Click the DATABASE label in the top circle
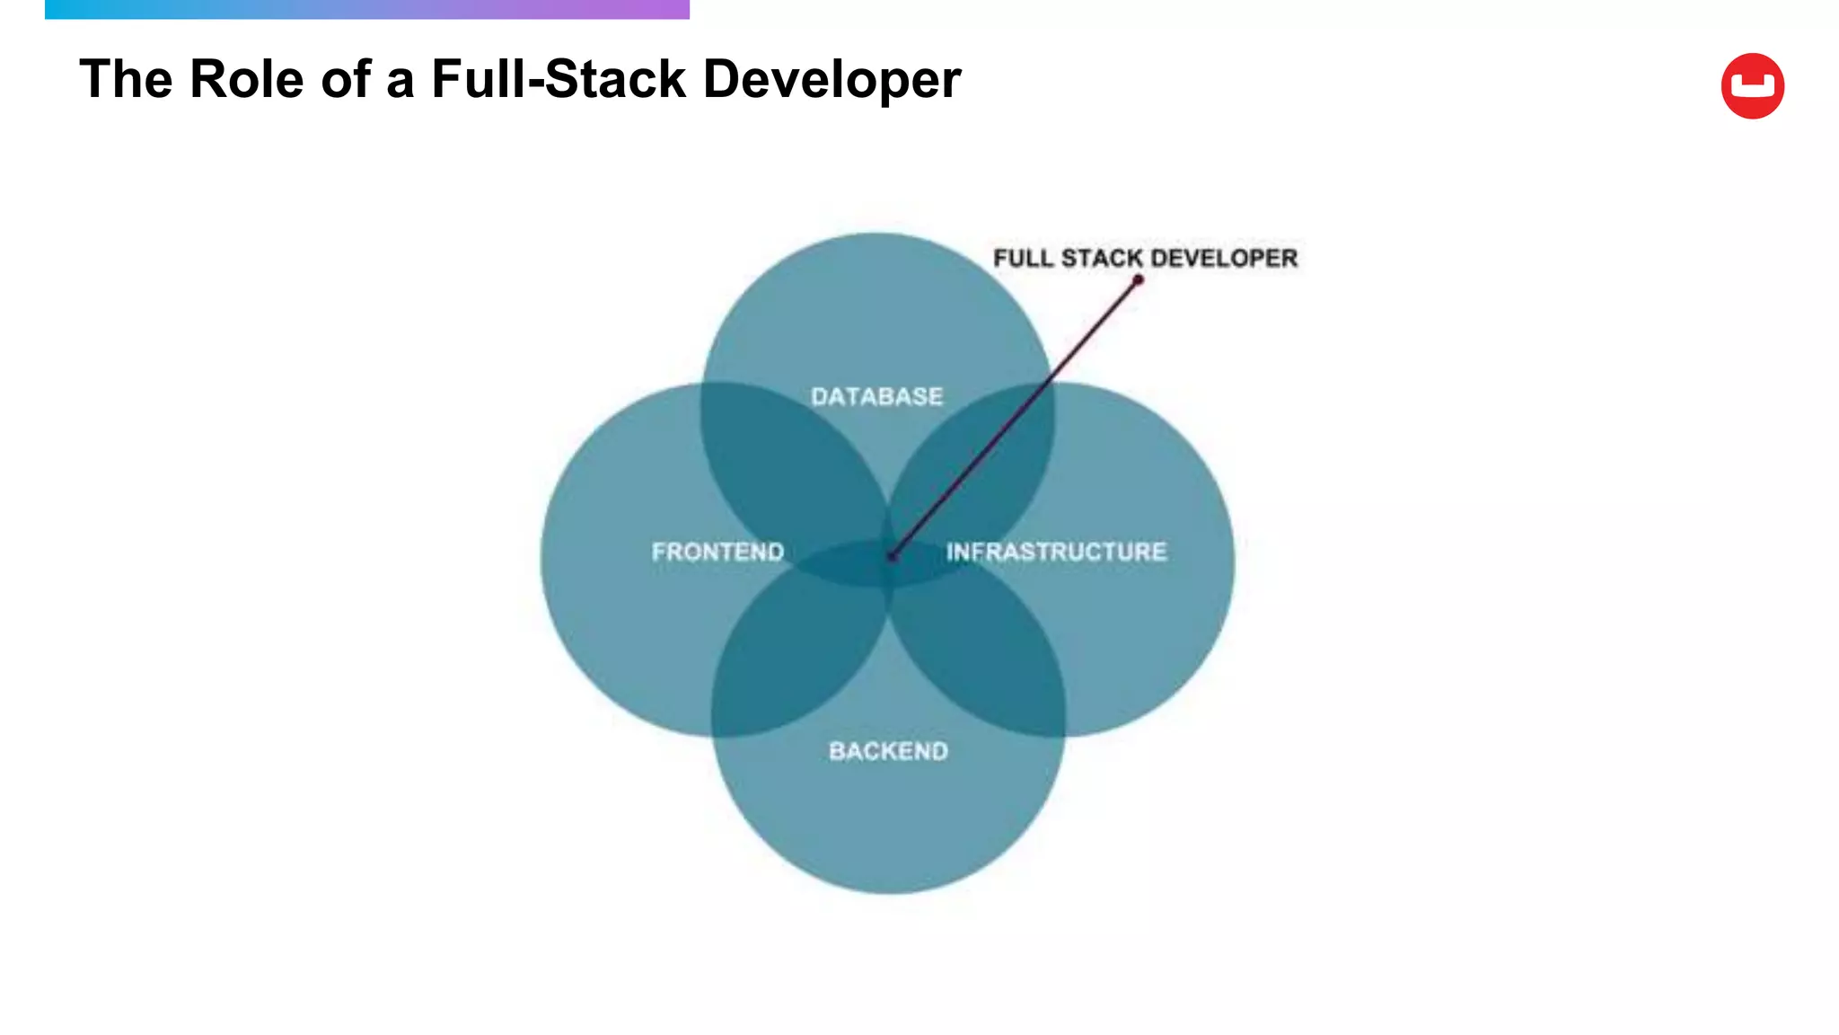(x=876, y=396)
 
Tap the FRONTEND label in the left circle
(x=717, y=551)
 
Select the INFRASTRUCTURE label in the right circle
(x=1056, y=551)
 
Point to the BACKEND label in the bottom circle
(x=888, y=750)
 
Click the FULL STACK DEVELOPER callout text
(x=1145, y=258)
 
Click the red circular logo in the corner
(x=1752, y=86)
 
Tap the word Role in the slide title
(x=247, y=79)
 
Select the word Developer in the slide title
(x=832, y=79)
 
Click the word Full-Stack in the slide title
(x=559, y=79)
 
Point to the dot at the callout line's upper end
(x=1138, y=280)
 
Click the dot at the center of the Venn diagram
(x=892, y=557)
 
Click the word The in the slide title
(x=126, y=79)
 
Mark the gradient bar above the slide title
(x=366, y=9)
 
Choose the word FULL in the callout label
(x=1023, y=258)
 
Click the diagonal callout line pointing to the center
(x=1015, y=419)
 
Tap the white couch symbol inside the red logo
(x=1752, y=87)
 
